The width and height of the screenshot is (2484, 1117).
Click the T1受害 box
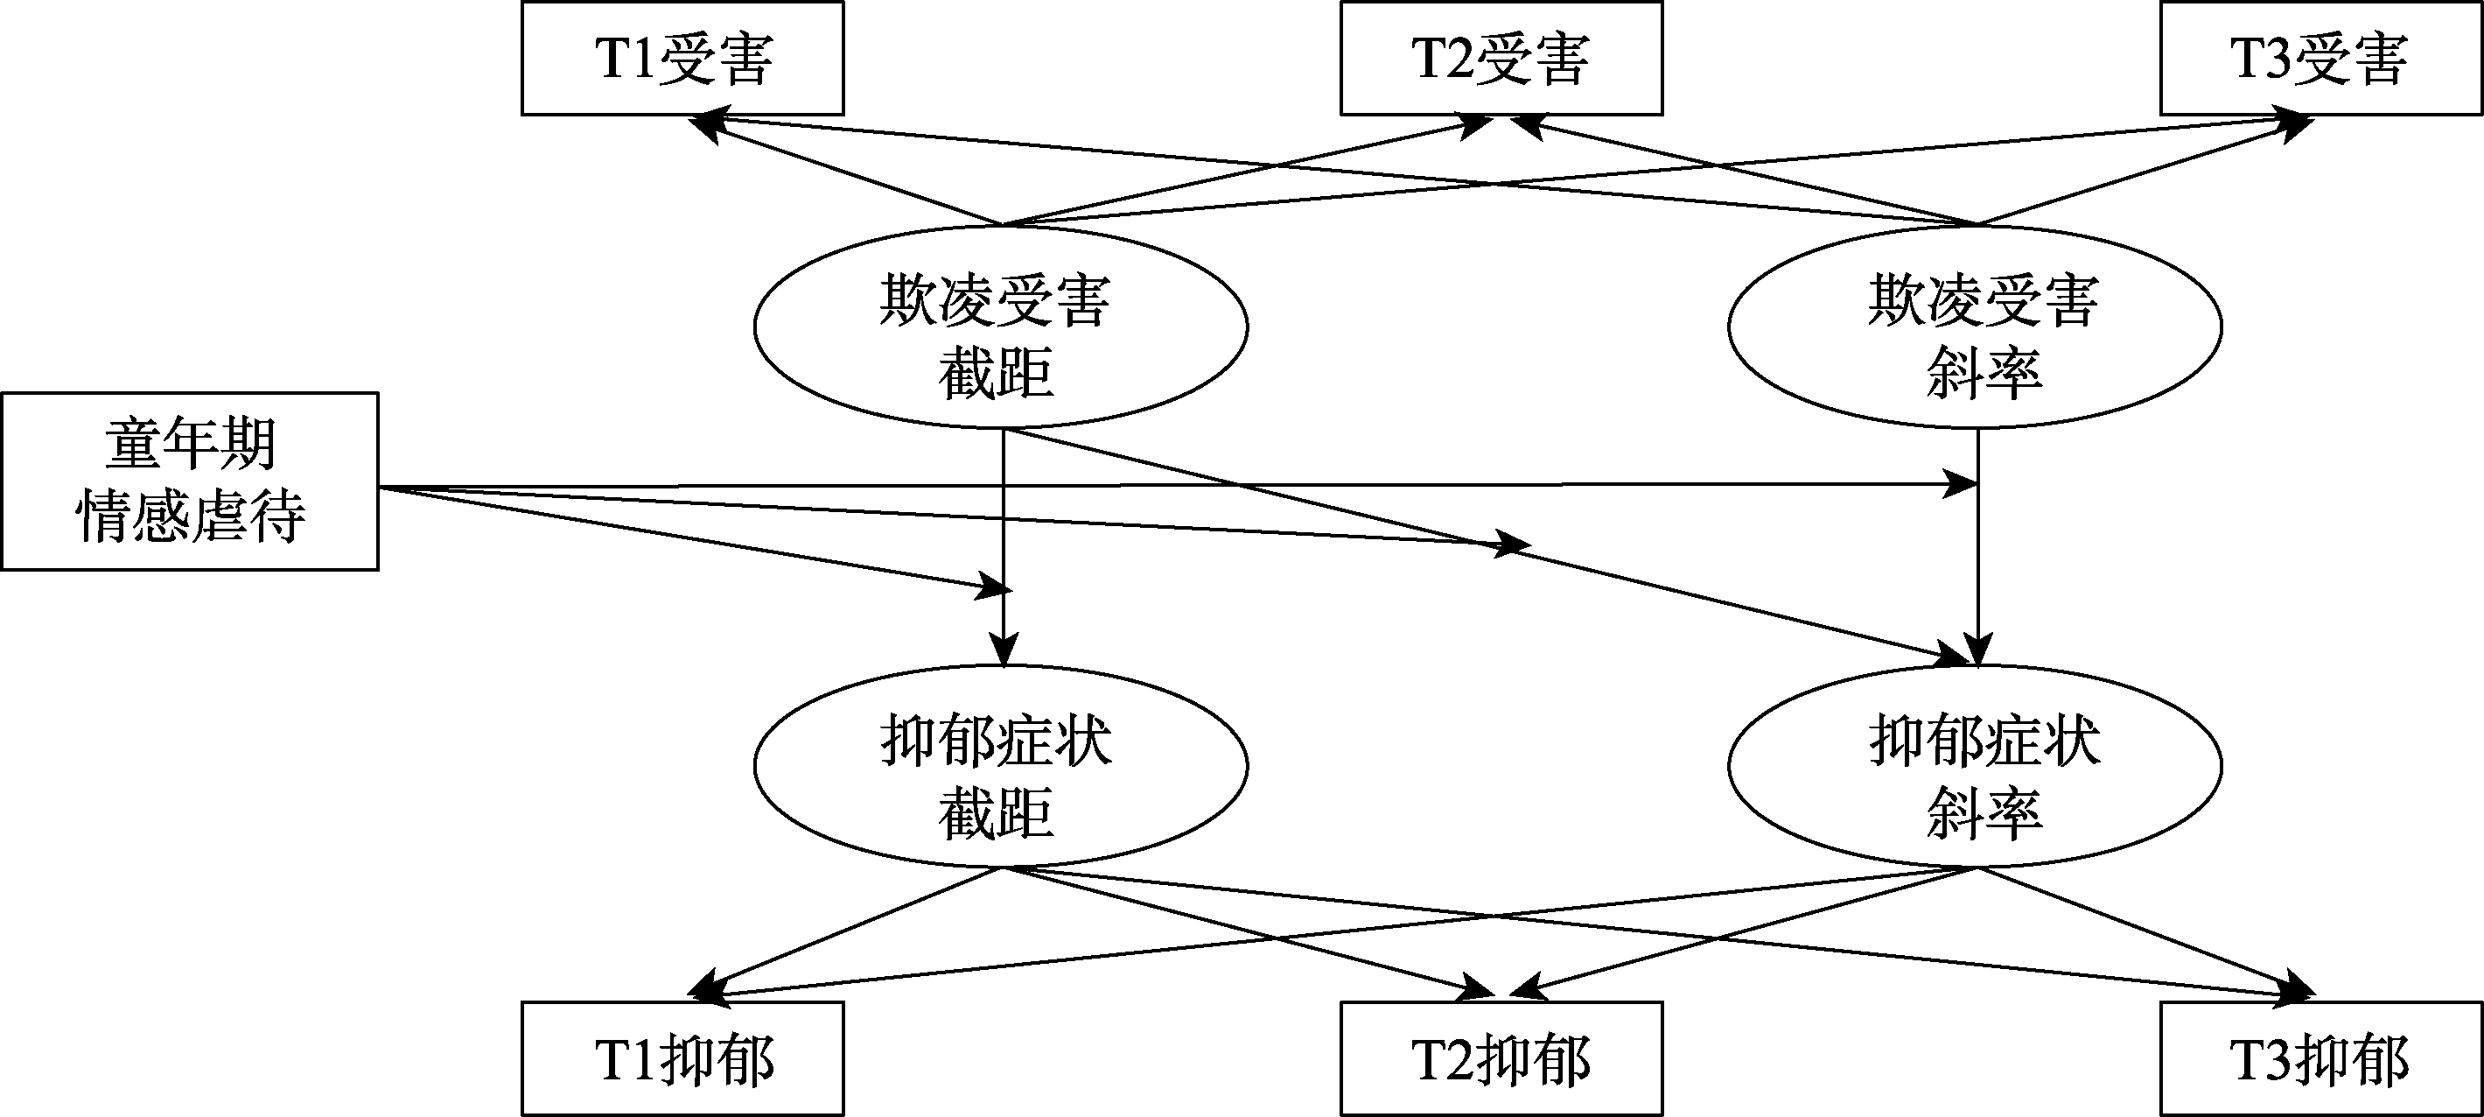pyautogui.click(x=682, y=58)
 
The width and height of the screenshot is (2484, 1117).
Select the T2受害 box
pyautogui.click(x=1501, y=58)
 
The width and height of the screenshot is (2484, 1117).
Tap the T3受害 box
pyautogui.click(x=2320, y=58)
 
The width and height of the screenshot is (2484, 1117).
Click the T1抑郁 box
pyautogui.click(x=682, y=1059)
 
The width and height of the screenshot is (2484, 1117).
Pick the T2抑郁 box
pyautogui.click(x=1501, y=1059)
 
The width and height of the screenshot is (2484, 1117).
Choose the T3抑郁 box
pyautogui.click(x=2320, y=1059)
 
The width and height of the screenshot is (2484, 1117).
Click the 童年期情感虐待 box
pyautogui.click(x=190, y=481)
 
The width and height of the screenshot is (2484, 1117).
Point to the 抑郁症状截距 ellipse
pyautogui.click(x=1000, y=766)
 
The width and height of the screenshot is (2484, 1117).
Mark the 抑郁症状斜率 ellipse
pyautogui.click(x=1975, y=766)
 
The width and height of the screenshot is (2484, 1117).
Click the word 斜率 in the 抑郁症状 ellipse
pyautogui.click(x=1984, y=813)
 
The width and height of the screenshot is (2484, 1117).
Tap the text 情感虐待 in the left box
pyautogui.click(x=191, y=517)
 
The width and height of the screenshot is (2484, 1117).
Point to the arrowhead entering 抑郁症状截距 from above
pyautogui.click(x=1004, y=652)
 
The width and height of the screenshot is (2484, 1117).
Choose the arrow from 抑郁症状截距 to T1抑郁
pyautogui.click(x=849, y=931)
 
